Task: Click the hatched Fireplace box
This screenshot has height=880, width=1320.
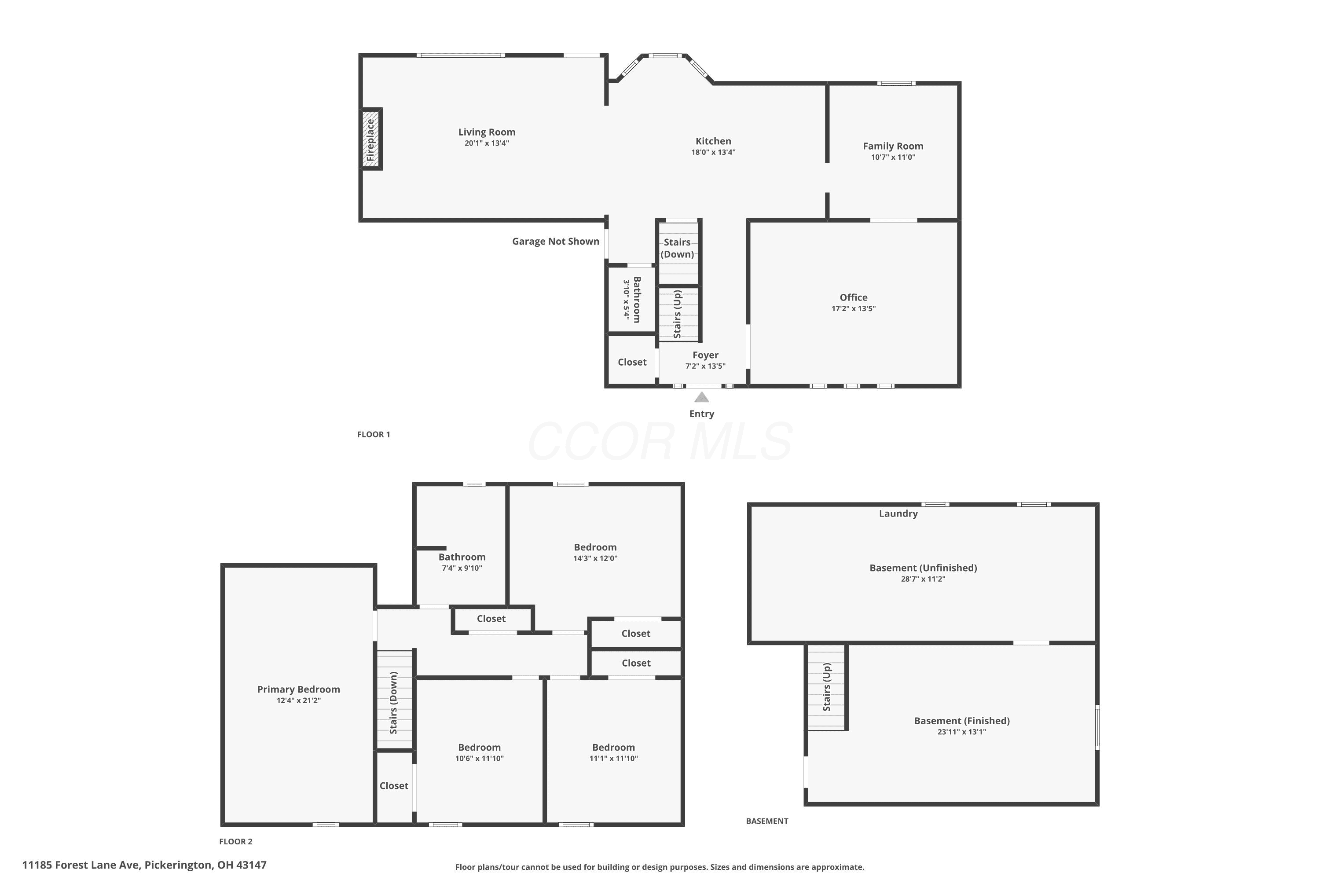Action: click(x=370, y=139)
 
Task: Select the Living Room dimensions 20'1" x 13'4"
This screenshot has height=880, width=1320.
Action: click(x=487, y=143)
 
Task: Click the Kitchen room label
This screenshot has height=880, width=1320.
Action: click(x=713, y=141)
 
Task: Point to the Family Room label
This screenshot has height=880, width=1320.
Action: click(x=893, y=146)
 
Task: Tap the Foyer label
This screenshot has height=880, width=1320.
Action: click(x=705, y=355)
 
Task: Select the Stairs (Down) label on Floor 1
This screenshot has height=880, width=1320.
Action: click(x=678, y=248)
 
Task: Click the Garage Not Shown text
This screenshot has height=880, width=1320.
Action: click(x=556, y=241)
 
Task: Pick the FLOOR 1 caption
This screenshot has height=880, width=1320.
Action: click(x=374, y=434)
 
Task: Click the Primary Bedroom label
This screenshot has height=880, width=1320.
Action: click(x=299, y=689)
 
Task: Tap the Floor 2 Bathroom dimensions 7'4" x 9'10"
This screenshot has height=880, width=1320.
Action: click(x=462, y=568)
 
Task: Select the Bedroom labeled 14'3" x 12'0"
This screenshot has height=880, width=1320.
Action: click(x=595, y=547)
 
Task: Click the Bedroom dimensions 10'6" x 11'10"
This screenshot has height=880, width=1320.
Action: click(x=479, y=758)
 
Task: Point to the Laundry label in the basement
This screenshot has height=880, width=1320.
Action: click(x=898, y=513)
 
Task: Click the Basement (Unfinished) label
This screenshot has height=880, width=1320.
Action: click(x=923, y=568)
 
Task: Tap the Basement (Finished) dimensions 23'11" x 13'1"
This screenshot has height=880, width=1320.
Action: click(x=962, y=732)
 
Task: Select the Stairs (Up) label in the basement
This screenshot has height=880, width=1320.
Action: click(x=827, y=687)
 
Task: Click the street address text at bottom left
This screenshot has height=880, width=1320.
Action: click(x=144, y=865)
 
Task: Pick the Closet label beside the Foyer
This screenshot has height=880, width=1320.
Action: click(x=632, y=362)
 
